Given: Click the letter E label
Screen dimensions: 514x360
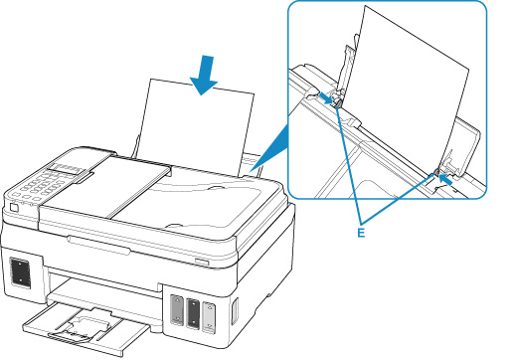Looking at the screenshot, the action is click(x=361, y=233).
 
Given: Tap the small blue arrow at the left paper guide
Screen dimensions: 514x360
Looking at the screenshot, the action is click(x=326, y=98).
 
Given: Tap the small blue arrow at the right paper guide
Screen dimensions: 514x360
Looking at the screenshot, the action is click(x=446, y=179).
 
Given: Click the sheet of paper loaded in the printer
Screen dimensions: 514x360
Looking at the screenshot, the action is click(x=196, y=127).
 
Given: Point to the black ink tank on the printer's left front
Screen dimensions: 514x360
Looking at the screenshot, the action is click(x=20, y=271).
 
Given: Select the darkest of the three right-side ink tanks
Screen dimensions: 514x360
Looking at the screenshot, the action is click(x=193, y=313).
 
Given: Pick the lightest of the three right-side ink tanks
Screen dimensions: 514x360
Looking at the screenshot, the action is click(x=209, y=316).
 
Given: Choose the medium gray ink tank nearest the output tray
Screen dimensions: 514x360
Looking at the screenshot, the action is click(x=177, y=310).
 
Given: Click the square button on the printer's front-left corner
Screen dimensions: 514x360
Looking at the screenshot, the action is click(x=14, y=208).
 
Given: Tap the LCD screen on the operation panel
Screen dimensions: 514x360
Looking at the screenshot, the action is click(x=68, y=169).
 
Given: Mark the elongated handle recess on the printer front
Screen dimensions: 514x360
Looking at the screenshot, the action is click(x=98, y=246).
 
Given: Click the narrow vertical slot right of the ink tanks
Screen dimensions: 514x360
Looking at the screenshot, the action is click(x=235, y=311).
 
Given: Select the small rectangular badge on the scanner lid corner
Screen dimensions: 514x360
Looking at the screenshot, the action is click(x=202, y=262).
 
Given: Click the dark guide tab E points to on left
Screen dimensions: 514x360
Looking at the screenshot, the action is click(x=337, y=104).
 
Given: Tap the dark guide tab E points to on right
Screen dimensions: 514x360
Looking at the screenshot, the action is click(x=435, y=172).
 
